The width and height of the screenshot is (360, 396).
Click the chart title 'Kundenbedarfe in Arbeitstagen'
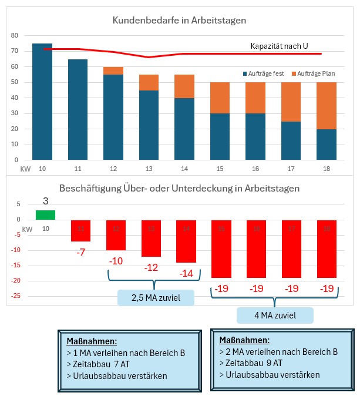pos(179,21)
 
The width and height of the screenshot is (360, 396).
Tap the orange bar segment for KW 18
pos(327,106)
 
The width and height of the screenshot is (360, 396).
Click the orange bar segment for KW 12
pos(113,71)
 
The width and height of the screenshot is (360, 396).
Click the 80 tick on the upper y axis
pos(15,36)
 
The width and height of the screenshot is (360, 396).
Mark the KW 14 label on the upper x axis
pos(185,169)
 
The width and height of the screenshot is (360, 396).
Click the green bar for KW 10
pos(46,214)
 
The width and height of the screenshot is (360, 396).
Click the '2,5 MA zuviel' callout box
pos(156,298)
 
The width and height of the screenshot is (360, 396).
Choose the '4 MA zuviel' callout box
pos(275,316)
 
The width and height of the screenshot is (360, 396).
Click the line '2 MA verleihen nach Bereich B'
pos(278,353)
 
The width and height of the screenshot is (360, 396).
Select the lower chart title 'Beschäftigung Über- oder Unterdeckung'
pos(179,189)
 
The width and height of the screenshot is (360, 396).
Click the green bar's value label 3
pos(46,201)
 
